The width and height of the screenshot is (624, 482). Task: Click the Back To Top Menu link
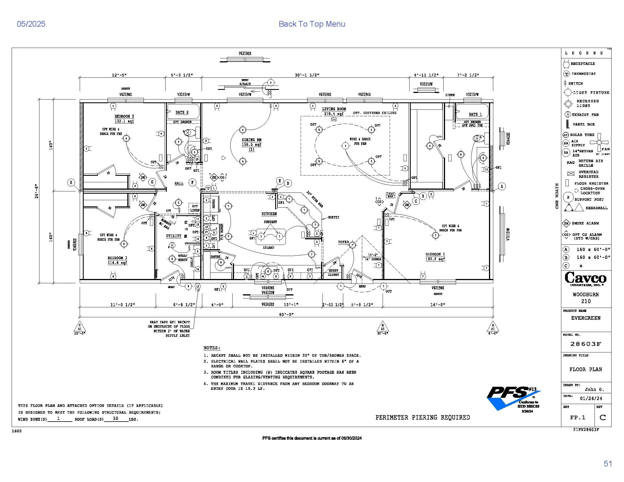312,24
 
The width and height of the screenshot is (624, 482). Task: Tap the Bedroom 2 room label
124,117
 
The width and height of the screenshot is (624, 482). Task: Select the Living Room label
334,109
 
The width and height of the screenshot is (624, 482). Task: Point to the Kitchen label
269,214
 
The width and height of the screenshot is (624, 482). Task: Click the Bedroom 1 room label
435,254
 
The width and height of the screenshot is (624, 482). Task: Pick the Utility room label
174,236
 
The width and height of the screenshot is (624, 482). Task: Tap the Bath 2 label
182,112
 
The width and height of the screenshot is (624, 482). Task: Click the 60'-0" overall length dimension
286,314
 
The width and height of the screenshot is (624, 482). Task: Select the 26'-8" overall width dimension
37,191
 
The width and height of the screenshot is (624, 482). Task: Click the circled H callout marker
71,183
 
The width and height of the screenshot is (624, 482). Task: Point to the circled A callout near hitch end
502,187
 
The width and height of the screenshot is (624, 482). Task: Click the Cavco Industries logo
585,279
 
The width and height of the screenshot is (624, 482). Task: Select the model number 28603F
586,344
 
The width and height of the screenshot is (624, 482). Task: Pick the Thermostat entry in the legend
583,74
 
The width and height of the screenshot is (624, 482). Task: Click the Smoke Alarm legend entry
585,223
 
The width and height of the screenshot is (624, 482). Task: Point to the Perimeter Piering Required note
422,417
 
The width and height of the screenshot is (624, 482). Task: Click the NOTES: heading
212,348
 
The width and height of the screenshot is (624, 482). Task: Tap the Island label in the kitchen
268,248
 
